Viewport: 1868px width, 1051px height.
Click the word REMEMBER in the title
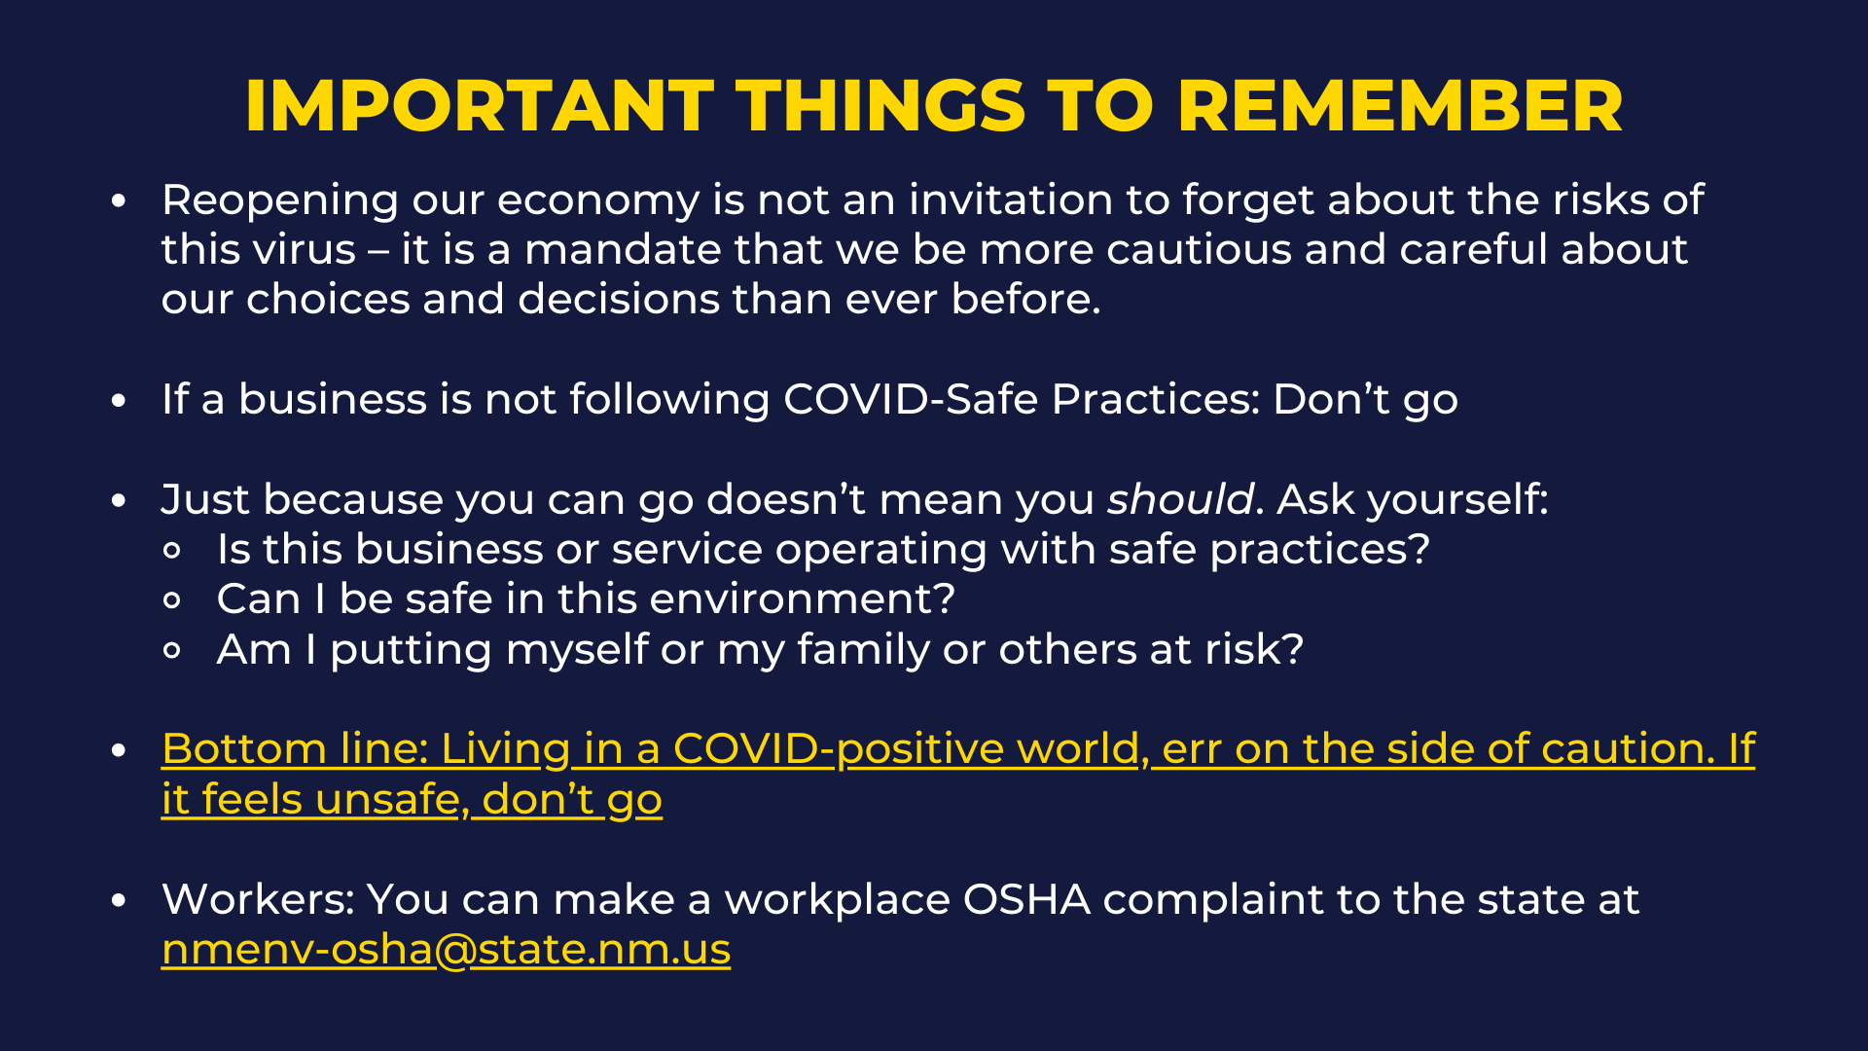[1400, 105]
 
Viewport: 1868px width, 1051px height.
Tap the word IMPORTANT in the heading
[480, 105]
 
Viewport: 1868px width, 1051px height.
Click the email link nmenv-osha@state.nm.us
[446, 949]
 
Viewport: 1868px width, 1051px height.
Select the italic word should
[1180, 499]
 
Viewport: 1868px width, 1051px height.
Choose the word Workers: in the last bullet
[258, 899]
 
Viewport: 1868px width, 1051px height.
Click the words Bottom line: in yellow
[295, 749]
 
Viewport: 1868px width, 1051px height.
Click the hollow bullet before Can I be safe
[172, 600]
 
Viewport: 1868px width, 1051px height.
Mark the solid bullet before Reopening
[119, 201]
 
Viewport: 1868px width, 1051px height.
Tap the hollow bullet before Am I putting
[172, 651]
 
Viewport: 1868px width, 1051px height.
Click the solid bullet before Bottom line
[119, 750]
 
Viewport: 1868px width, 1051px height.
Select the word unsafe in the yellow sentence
[393, 800]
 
